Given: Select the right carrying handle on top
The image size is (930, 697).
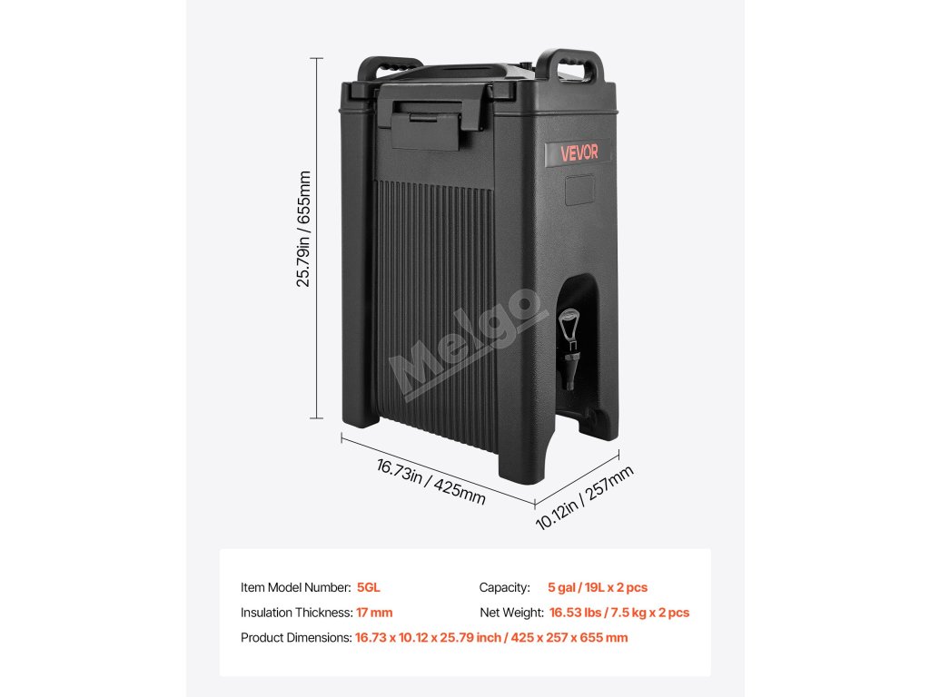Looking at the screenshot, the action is pos(570,68).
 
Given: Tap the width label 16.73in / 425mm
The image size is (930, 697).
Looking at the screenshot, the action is pos(430,482).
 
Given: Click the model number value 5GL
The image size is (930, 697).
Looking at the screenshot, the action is pos(369,587).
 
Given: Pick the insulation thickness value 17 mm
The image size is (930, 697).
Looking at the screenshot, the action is pos(374,613).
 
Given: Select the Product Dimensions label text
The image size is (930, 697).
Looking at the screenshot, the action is pos(296,638).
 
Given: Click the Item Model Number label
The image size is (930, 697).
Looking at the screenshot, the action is pos(296,587).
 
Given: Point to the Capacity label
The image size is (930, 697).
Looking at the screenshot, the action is pos(505,587).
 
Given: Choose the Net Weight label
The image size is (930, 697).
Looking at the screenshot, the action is pos(511,613).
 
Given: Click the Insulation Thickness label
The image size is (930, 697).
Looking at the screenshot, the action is pos(296,613).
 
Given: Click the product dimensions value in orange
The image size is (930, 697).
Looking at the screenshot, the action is pos(491,638).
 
